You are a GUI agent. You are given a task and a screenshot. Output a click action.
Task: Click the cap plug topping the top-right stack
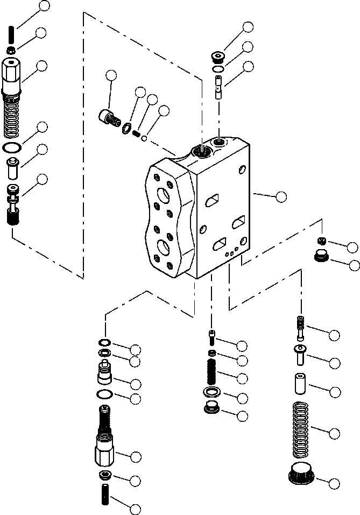[x=218, y=56]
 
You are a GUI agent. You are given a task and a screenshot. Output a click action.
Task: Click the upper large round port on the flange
[x=162, y=195]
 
